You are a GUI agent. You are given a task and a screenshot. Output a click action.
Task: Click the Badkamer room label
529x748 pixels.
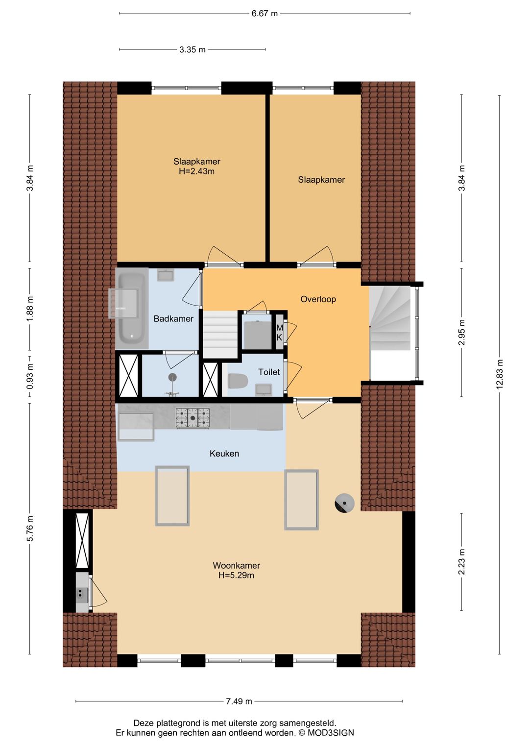click(173, 318)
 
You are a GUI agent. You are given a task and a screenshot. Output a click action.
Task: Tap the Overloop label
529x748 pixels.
click(318, 299)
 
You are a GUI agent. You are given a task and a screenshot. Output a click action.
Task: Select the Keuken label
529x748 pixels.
click(224, 454)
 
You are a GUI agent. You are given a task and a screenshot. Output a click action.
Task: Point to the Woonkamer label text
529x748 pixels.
click(237, 565)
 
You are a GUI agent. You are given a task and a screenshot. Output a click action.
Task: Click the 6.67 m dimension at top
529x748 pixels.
click(264, 13)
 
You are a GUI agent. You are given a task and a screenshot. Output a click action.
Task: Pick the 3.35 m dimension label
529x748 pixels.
click(192, 50)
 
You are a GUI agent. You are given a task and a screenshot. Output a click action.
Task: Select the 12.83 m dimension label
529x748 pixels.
click(500, 374)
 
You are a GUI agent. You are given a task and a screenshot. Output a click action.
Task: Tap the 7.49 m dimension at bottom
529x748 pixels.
click(239, 701)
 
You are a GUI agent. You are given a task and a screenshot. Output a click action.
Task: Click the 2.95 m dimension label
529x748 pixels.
click(461, 333)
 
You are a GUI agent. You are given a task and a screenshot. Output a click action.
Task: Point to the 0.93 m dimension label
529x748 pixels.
click(30, 376)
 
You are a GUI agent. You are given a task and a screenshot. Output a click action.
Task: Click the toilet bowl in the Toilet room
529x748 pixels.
click(238, 381)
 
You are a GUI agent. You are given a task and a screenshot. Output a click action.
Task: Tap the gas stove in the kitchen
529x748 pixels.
click(192, 418)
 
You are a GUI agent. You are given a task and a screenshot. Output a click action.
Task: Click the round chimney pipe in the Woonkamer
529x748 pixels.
click(344, 503)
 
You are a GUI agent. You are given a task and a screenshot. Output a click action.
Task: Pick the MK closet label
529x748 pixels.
click(279, 333)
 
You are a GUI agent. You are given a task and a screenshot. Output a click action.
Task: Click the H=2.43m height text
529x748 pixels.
click(197, 171)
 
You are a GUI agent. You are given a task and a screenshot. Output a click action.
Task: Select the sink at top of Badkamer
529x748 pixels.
click(166, 275)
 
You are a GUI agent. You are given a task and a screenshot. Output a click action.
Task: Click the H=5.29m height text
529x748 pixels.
click(236, 575)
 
